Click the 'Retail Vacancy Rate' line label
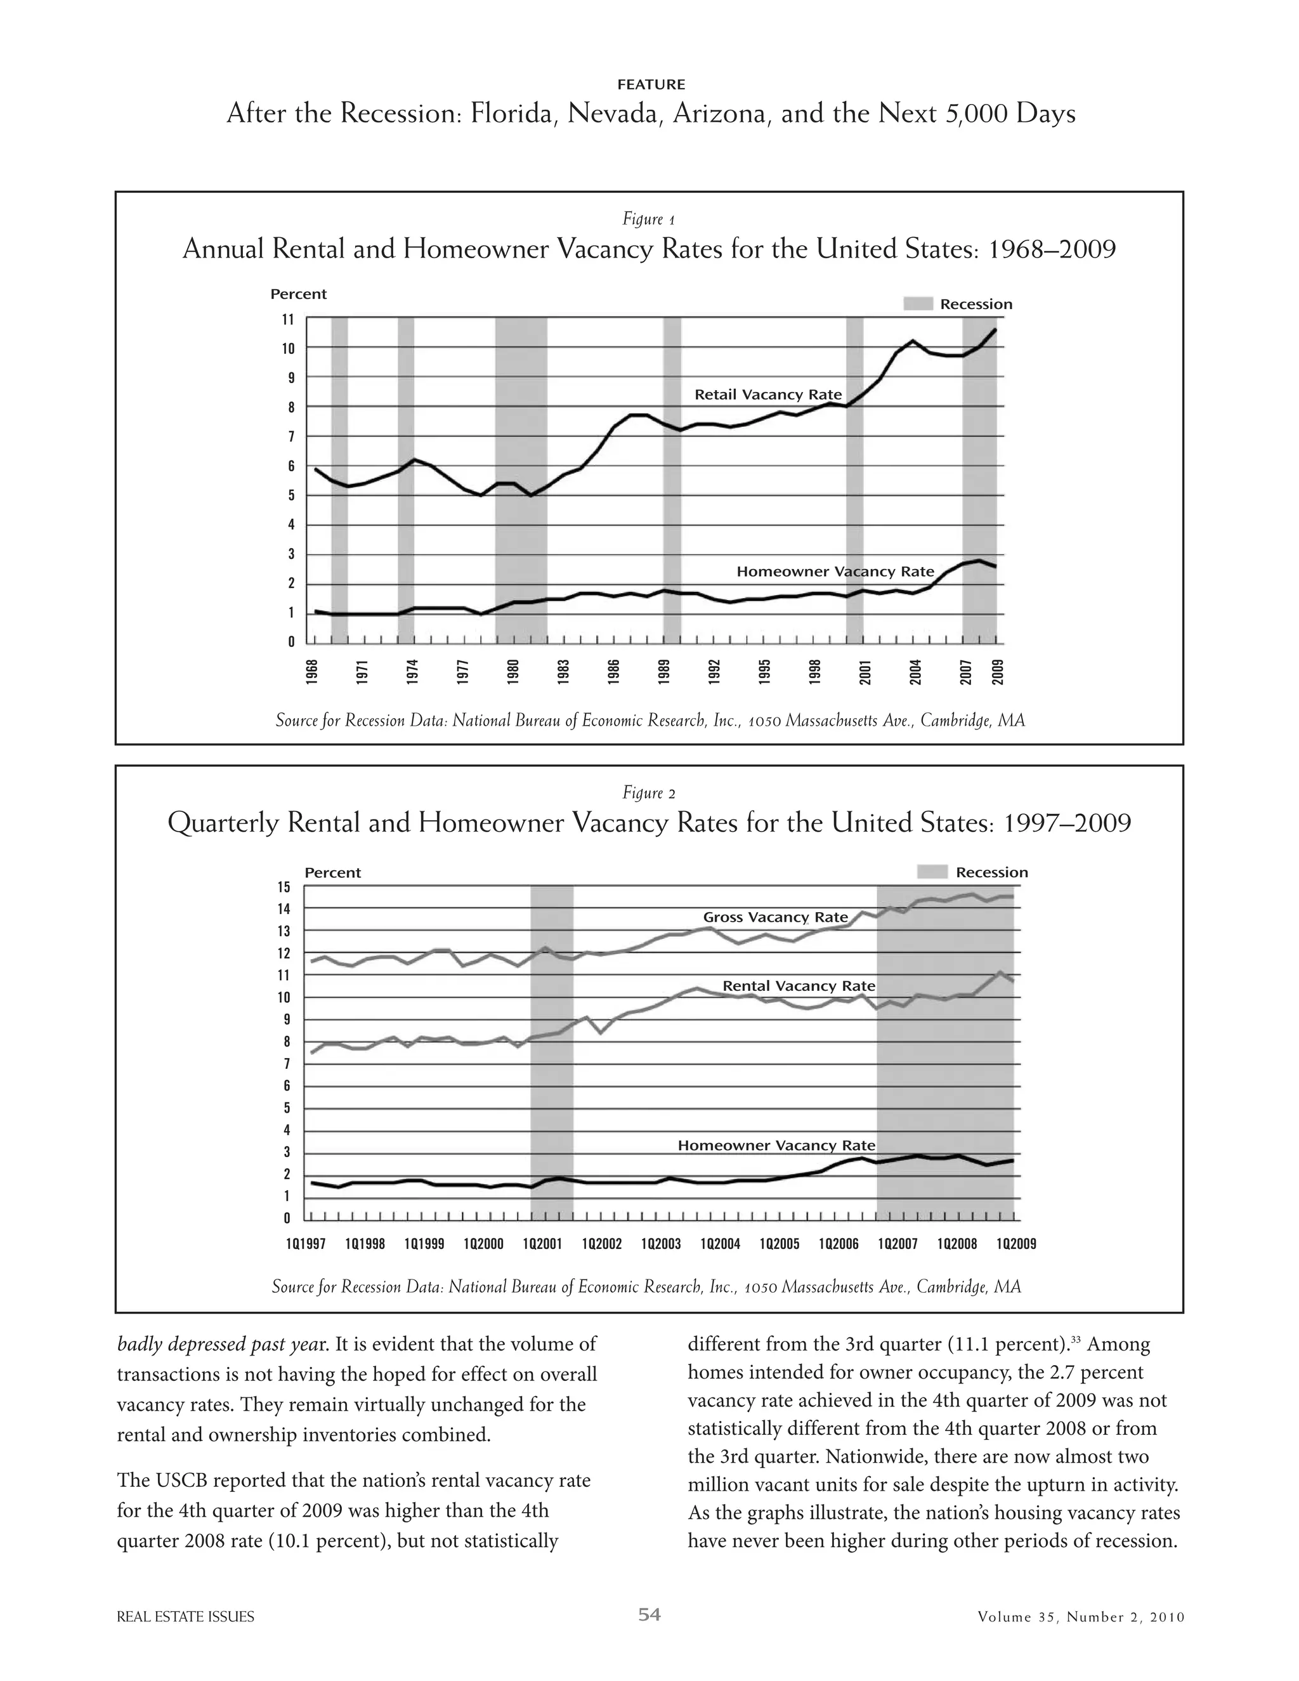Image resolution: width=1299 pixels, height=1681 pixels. (767, 395)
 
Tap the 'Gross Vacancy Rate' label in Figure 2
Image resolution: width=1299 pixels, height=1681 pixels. (775, 917)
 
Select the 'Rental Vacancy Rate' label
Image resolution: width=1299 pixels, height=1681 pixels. (798, 986)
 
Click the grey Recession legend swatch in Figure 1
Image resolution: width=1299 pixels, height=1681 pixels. (917, 304)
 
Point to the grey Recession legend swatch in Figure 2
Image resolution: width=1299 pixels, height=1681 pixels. (932, 872)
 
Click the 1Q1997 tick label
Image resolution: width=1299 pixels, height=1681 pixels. (306, 1244)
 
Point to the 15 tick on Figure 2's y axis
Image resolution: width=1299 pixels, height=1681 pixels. (284, 887)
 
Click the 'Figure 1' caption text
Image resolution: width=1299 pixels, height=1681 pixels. (649, 219)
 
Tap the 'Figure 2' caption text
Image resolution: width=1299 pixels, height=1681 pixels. (649, 794)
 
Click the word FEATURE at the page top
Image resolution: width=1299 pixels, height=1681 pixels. (650, 84)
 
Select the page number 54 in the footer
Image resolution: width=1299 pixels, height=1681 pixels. (649, 1614)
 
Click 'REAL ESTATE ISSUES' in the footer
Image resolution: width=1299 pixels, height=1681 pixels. (185, 1617)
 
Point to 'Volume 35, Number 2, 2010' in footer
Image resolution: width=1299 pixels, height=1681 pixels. (1080, 1617)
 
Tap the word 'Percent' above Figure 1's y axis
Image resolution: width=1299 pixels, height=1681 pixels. (298, 294)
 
